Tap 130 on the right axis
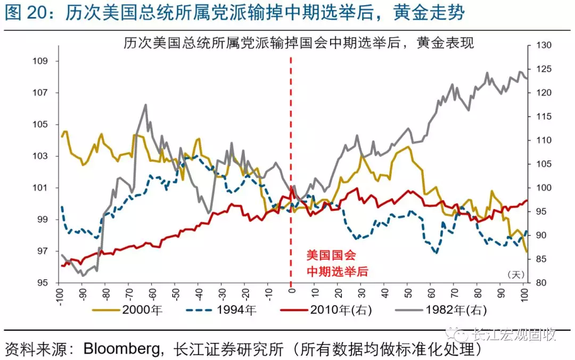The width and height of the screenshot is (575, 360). click(x=539, y=46)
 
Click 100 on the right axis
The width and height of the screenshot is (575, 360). click(x=539, y=188)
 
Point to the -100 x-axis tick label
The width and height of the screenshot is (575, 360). click(x=60, y=296)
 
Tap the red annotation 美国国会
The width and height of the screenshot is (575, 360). click(x=331, y=255)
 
